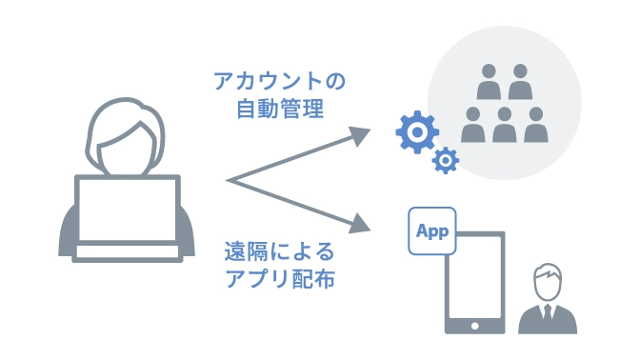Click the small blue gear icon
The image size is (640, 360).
pyautogui.click(x=445, y=161)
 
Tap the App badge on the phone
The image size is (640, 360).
pyautogui.click(x=431, y=230)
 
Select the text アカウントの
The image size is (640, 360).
pyautogui.click(x=279, y=81)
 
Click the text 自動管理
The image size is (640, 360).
pyautogui.click(x=280, y=109)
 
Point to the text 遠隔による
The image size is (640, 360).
pyautogui.click(x=279, y=252)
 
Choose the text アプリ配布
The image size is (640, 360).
pyautogui.click(x=279, y=280)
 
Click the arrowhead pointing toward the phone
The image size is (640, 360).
pyautogui.click(x=359, y=226)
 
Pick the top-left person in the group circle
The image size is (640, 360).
pyautogui.click(x=488, y=84)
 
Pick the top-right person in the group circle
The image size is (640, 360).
pyautogui.click(x=519, y=84)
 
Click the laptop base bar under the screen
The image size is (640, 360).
pyautogui.click(x=127, y=252)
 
